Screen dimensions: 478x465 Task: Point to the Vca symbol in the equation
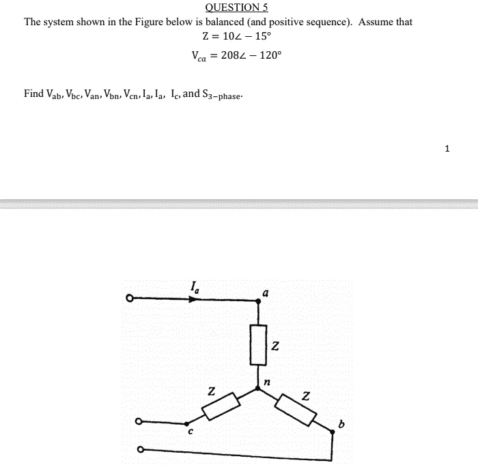pos(199,57)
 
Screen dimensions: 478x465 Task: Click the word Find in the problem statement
pos(33,94)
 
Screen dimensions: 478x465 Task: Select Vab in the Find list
pos(55,94)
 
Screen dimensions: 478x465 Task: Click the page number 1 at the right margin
pos(447,148)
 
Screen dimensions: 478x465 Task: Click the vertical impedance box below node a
pos(257,344)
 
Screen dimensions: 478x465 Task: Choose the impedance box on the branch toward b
pos(296,408)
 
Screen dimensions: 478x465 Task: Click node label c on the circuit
pos(191,431)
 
